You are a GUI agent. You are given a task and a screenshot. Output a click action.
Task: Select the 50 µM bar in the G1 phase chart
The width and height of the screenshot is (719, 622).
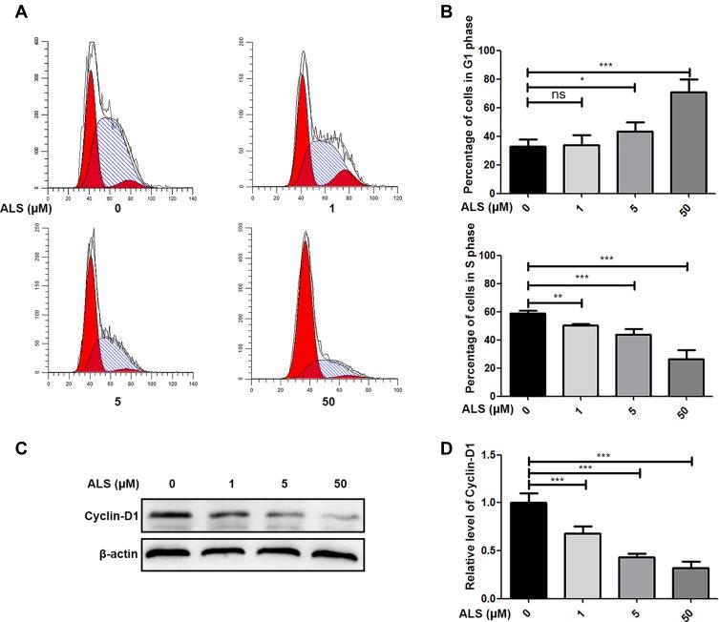click(688, 133)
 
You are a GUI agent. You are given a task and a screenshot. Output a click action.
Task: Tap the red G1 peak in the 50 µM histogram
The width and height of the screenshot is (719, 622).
click(306, 305)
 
